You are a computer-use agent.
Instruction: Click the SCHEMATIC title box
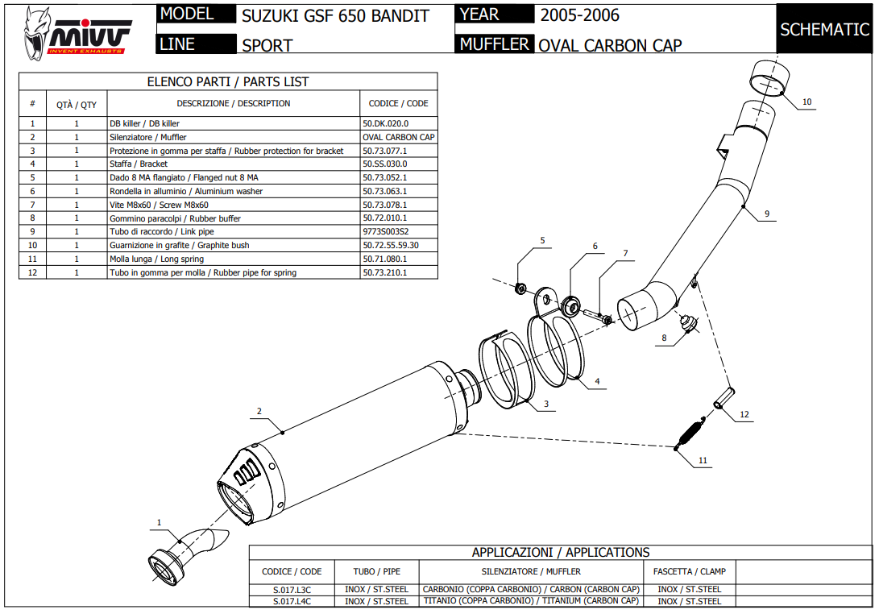[x=824, y=30]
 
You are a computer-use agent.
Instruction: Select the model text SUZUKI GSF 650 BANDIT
[x=336, y=15]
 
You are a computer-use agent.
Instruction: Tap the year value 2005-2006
[x=580, y=15]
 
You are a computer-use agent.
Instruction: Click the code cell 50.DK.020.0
[x=386, y=124]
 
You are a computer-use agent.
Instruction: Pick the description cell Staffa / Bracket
[x=139, y=164]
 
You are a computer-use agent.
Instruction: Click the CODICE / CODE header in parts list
[x=398, y=103]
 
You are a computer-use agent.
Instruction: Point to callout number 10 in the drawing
[x=807, y=102]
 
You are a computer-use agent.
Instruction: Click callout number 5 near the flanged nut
[x=542, y=240]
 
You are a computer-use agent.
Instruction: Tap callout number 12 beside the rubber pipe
[x=744, y=414]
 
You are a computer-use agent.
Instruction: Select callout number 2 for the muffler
[x=259, y=411]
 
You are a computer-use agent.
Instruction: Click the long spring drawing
[x=688, y=434]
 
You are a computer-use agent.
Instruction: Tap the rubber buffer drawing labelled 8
[x=687, y=322]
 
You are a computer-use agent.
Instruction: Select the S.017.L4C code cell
[x=292, y=601]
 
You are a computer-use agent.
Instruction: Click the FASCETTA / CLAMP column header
[x=690, y=571]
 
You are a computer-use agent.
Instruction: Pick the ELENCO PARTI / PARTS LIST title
[x=228, y=81]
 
